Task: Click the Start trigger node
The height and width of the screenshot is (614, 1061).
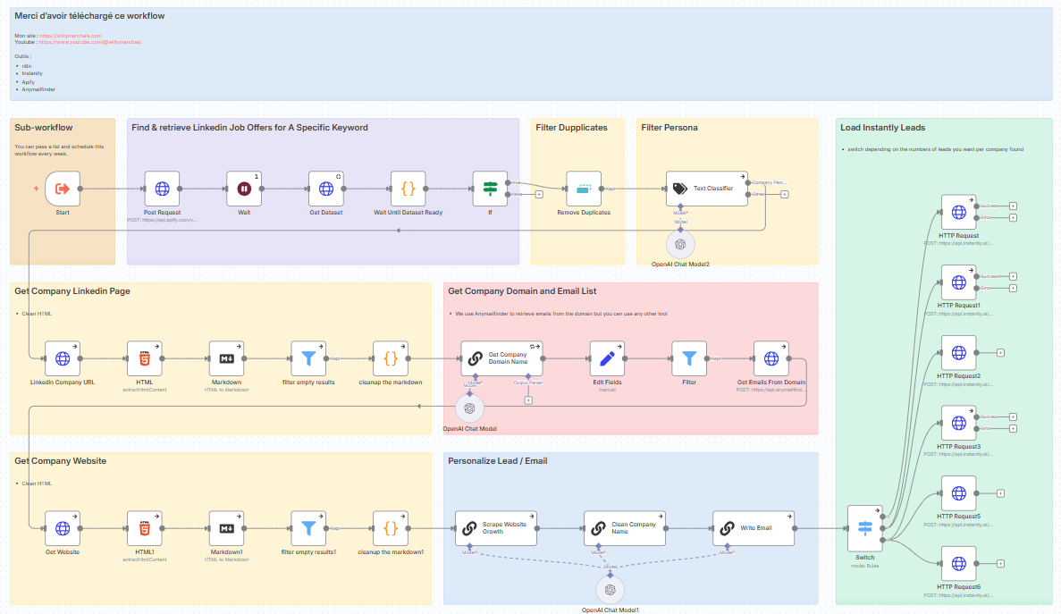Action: click(63, 189)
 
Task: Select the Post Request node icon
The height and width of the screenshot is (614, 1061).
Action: click(162, 189)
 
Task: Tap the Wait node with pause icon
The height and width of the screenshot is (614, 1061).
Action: click(244, 189)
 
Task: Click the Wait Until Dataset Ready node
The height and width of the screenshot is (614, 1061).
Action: click(408, 189)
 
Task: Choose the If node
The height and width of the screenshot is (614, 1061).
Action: click(490, 189)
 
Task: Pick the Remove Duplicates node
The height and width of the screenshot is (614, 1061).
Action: click(584, 189)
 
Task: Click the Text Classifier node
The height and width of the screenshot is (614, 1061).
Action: click(706, 189)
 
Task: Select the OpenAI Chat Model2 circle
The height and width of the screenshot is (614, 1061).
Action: click(680, 243)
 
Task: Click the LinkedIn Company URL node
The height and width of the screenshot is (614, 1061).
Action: click(63, 358)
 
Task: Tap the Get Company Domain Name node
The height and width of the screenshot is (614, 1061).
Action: click(501, 358)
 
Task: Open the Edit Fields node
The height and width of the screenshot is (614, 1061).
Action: click(608, 358)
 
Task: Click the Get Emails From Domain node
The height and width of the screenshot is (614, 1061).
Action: click(770, 358)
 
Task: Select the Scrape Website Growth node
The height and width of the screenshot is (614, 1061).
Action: click(496, 528)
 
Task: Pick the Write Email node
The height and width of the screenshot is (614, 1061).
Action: click(753, 528)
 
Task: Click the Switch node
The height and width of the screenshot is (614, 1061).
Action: click(864, 528)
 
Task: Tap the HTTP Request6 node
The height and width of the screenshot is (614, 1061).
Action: click(958, 563)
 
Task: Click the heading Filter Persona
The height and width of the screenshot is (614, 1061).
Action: click(669, 128)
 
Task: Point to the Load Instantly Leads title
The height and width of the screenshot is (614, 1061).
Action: click(882, 128)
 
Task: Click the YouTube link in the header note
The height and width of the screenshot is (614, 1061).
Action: click(89, 42)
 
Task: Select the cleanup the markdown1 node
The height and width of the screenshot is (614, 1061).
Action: click(391, 528)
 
